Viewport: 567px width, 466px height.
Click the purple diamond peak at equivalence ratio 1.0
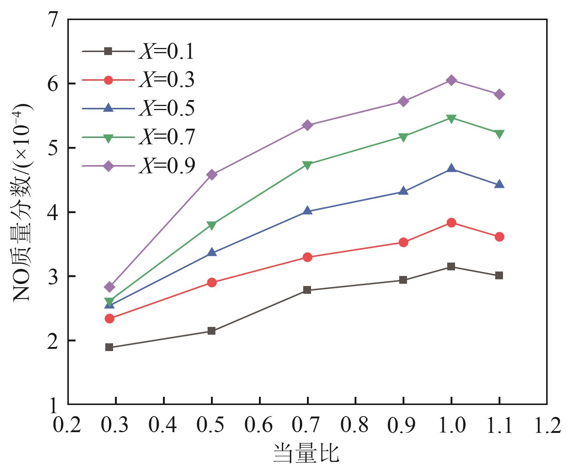coord(451,80)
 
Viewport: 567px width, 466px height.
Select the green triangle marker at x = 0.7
coord(307,164)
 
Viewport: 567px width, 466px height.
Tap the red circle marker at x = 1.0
coord(451,223)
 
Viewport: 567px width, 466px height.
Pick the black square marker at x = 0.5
coord(212,331)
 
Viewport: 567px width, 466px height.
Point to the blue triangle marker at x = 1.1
coord(499,184)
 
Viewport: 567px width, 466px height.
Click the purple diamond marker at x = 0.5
coord(212,174)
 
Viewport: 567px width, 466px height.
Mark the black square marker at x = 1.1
coord(499,275)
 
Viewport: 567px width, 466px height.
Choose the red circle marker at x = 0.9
coord(403,242)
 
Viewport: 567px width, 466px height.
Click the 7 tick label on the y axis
coord(54,19)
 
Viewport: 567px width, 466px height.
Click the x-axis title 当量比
coord(306,453)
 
